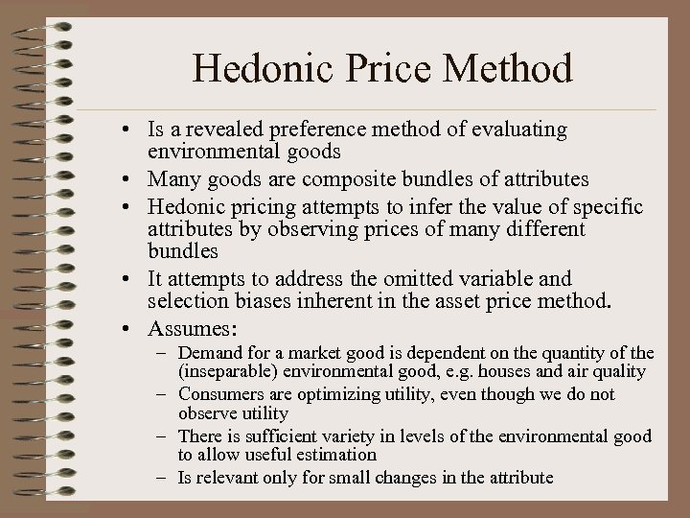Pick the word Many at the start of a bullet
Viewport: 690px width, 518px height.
coord(173,179)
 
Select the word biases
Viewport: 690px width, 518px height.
coord(259,303)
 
